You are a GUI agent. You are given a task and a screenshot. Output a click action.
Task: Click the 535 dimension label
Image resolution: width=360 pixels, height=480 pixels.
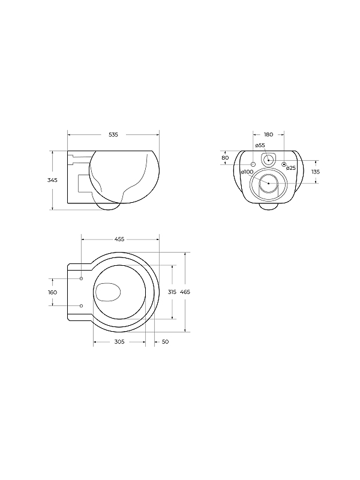click(113, 134)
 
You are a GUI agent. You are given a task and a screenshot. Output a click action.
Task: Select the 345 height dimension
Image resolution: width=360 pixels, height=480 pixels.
click(52, 181)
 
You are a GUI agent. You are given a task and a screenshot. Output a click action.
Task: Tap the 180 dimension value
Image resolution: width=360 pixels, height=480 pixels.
click(268, 134)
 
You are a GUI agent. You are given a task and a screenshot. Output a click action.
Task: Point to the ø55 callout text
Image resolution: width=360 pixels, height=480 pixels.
click(260, 145)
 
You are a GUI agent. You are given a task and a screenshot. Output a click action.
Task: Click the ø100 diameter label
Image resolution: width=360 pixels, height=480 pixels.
click(247, 172)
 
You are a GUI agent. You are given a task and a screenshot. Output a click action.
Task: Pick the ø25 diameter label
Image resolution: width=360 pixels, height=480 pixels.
click(291, 168)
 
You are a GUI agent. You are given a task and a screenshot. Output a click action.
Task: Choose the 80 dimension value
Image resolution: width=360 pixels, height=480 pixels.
click(225, 158)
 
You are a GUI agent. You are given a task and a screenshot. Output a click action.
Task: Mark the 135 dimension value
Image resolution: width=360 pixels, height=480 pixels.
click(316, 172)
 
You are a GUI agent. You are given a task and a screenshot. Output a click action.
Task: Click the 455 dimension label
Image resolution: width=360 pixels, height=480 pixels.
click(119, 239)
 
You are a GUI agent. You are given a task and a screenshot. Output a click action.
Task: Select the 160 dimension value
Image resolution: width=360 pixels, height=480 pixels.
click(53, 293)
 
